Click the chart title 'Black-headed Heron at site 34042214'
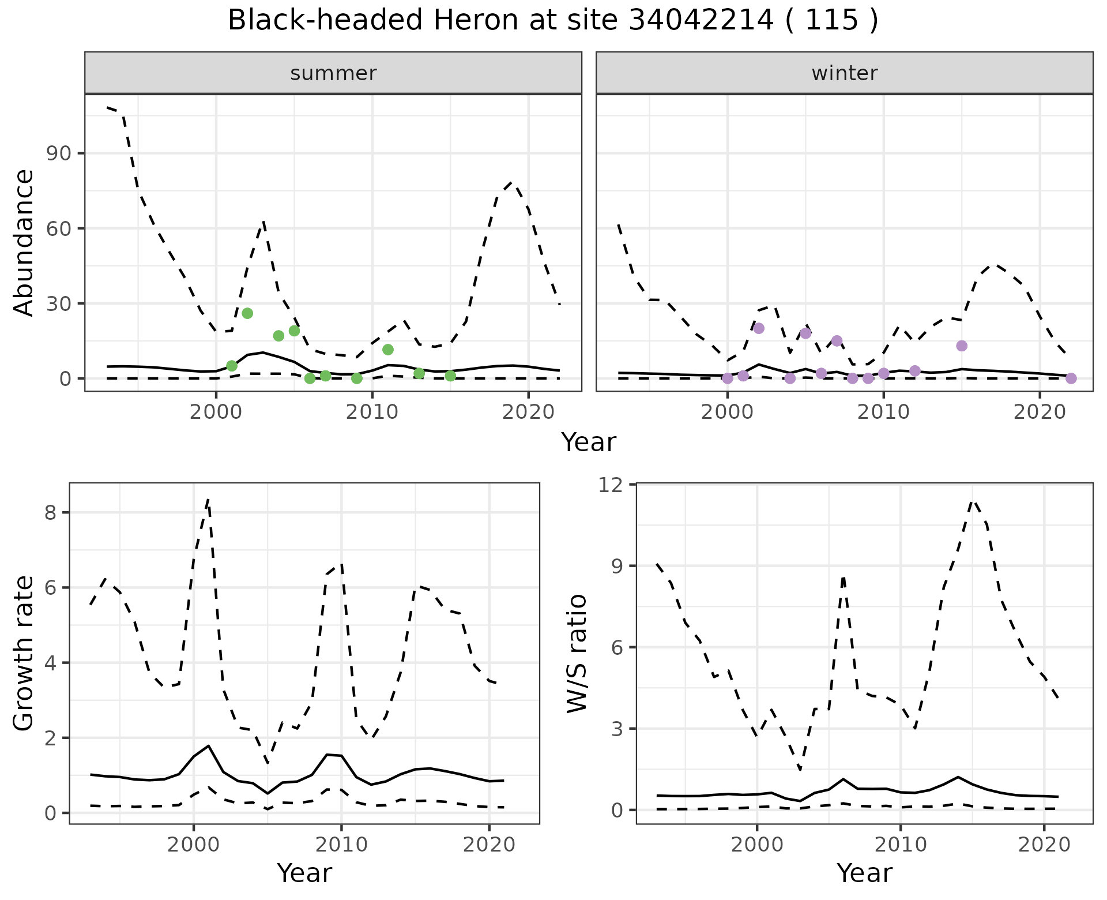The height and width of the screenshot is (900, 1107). tap(552, 21)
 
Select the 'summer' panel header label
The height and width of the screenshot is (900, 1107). tap(333, 73)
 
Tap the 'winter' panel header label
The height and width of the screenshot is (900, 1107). tap(844, 73)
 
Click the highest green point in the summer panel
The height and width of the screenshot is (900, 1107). tap(247, 313)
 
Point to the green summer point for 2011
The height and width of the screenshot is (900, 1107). tap(388, 350)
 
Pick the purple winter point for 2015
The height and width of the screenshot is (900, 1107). tap(962, 346)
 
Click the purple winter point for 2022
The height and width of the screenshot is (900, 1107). tap(1071, 378)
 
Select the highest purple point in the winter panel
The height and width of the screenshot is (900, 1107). tap(759, 328)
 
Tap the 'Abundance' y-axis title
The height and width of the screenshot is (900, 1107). tap(24, 243)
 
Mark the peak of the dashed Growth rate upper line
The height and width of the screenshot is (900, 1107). tap(208, 498)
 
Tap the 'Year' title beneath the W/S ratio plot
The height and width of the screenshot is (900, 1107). tap(864, 873)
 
